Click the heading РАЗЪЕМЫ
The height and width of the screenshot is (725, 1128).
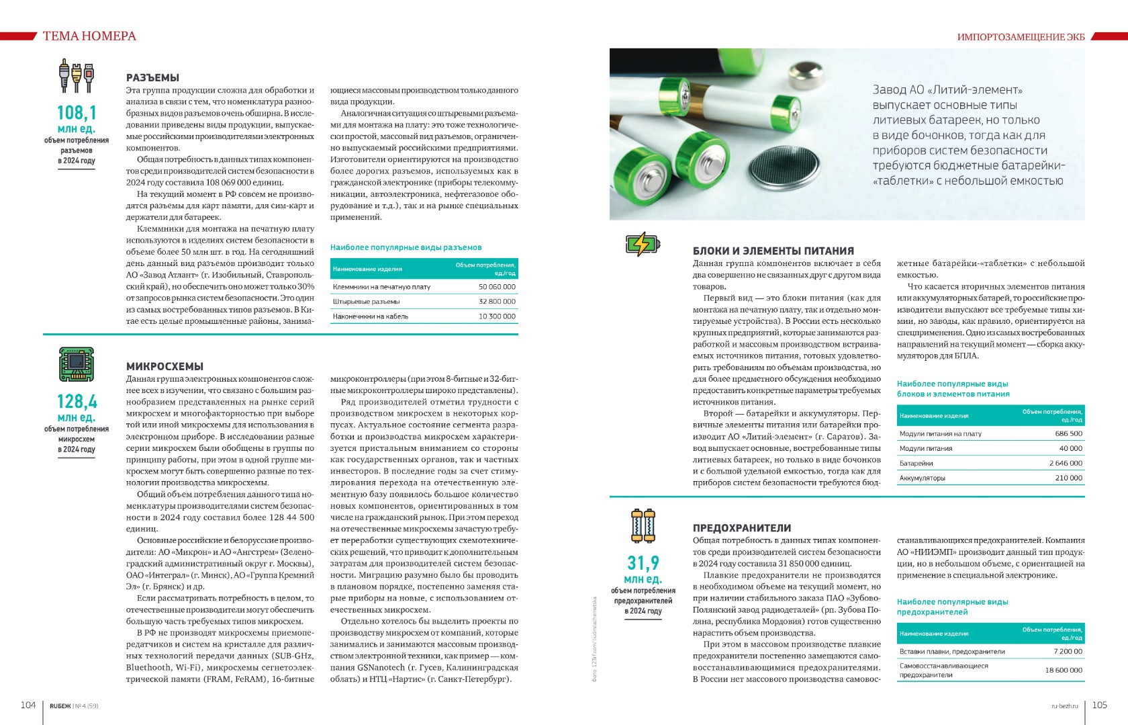click(x=152, y=78)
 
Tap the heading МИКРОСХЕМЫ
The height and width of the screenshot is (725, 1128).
click(x=164, y=366)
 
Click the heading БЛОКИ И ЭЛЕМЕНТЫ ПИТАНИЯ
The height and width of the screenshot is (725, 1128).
click(x=773, y=251)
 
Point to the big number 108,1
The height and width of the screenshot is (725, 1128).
click(x=77, y=112)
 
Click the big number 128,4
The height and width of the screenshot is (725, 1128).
click(x=77, y=401)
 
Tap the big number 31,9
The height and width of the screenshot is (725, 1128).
click(x=643, y=562)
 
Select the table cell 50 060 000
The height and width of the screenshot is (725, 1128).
click(x=497, y=287)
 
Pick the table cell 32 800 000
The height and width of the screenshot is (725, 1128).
click(x=497, y=302)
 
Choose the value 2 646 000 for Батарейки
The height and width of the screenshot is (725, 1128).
click(x=1066, y=463)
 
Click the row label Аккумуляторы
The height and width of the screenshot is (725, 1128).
click(x=923, y=478)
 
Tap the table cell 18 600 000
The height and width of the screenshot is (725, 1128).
click(x=1064, y=670)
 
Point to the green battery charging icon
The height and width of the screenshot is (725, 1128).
click(x=643, y=244)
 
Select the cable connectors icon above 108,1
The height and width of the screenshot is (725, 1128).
click(x=77, y=75)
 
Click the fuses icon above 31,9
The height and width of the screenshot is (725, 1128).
click(x=643, y=525)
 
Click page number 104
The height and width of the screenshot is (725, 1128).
click(x=28, y=705)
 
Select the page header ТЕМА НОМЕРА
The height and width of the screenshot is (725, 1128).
click(x=89, y=36)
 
